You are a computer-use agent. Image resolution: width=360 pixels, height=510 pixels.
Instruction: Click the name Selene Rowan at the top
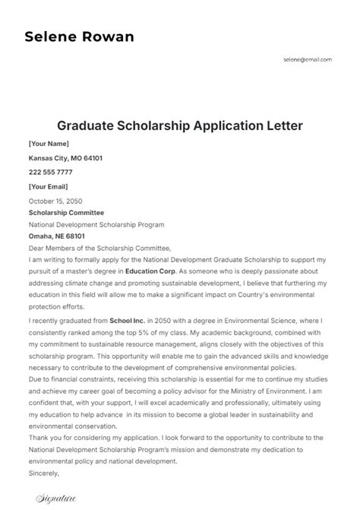79,37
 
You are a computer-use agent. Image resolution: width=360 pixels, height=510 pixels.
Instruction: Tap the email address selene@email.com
307,59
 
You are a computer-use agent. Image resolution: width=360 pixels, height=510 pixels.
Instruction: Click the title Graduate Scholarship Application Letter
180,125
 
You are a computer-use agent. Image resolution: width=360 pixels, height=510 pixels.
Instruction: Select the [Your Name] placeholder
49,143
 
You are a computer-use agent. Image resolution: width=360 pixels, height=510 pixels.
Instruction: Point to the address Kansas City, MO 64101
65,158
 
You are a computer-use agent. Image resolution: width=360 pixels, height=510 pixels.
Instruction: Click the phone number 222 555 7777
50,173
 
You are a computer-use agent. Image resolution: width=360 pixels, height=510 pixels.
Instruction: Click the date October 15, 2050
55,201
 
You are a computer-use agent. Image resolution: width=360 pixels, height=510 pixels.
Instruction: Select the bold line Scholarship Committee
66,213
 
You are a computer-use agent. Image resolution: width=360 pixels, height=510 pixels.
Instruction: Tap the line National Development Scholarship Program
96,225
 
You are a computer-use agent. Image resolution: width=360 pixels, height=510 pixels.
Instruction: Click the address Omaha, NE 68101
56,236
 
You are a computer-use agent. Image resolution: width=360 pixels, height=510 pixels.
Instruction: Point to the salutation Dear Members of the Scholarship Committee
99,248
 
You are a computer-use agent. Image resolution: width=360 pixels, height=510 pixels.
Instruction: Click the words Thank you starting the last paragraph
45,439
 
